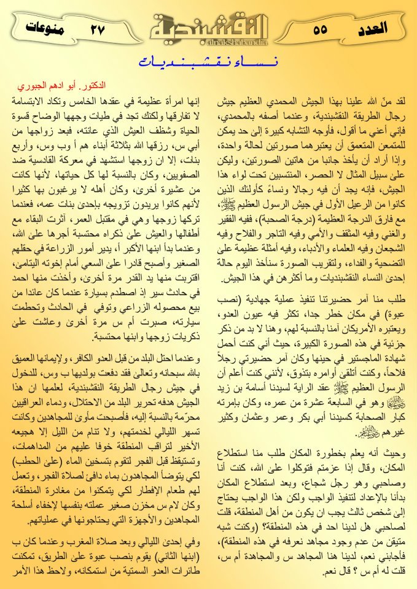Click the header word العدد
pyautogui.click(x=371, y=28)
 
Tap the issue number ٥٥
pyautogui.click(x=320, y=29)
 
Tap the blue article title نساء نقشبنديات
pyautogui.click(x=208, y=62)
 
